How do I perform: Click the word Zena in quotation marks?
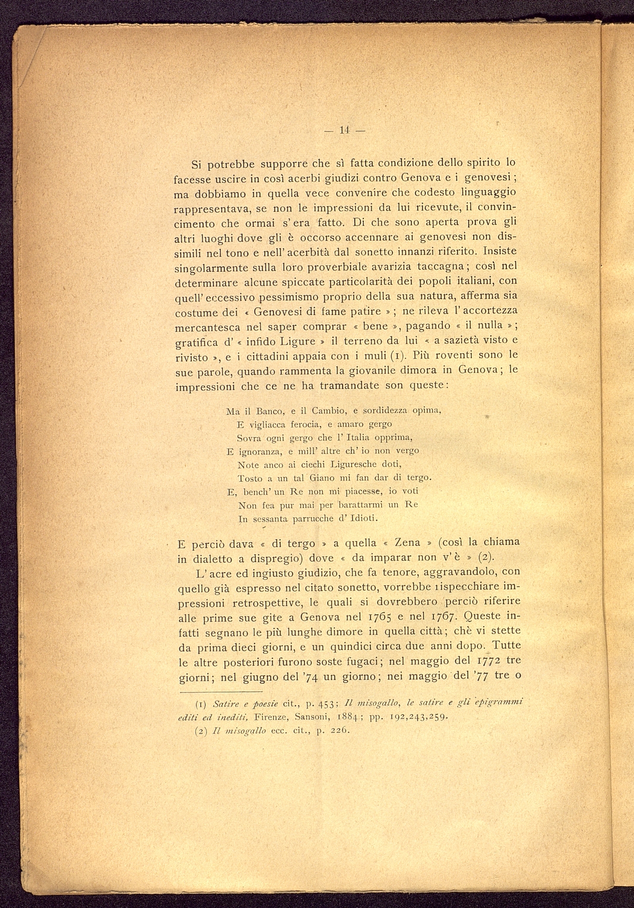click(407, 543)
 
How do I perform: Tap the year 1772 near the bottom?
click(489, 661)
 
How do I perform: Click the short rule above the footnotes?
click(220, 691)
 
